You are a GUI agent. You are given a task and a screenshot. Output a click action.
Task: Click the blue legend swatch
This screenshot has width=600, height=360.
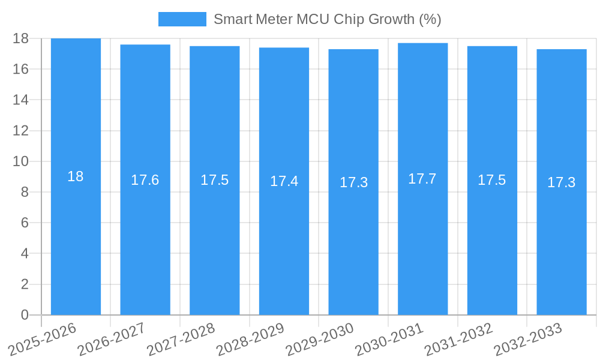coord(182,19)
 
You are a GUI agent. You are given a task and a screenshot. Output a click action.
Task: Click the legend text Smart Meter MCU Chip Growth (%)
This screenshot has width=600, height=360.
coord(327,19)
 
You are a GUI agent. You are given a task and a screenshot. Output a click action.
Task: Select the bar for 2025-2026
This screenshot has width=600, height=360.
coord(76,240)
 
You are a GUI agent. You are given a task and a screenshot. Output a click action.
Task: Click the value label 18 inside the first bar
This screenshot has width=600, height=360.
coord(76,176)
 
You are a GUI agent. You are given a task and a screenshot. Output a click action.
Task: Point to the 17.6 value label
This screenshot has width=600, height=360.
coord(145,180)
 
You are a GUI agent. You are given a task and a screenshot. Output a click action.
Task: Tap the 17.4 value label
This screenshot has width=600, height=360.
coord(284,181)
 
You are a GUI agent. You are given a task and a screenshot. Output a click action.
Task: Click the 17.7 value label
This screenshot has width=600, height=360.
coord(422,179)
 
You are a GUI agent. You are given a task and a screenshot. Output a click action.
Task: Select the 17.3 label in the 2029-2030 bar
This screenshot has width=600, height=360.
coord(353,182)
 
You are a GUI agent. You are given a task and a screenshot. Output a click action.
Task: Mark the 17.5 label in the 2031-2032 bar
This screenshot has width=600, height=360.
coord(492,180)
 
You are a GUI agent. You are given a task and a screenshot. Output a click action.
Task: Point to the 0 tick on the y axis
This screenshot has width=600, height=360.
coord(25,315)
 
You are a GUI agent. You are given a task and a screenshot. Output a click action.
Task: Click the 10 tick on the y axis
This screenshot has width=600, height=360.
coord(21,161)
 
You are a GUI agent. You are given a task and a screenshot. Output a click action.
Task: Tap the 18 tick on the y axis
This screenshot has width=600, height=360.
coord(21,38)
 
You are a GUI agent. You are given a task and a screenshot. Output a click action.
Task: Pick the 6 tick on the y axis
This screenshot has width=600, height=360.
coord(25,223)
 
